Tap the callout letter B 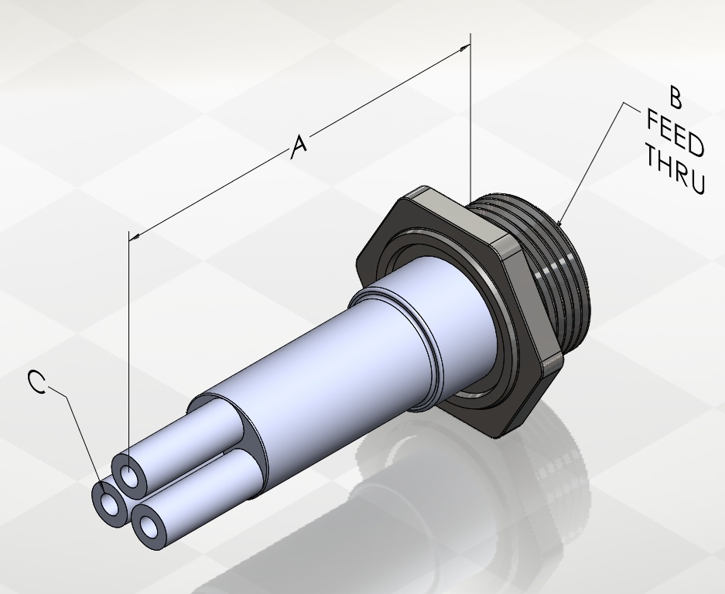tap(675, 97)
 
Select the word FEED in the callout tap(675, 133)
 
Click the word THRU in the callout tap(675, 169)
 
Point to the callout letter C tap(37, 382)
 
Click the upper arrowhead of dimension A tap(464, 48)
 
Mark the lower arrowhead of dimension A tap(135, 237)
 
